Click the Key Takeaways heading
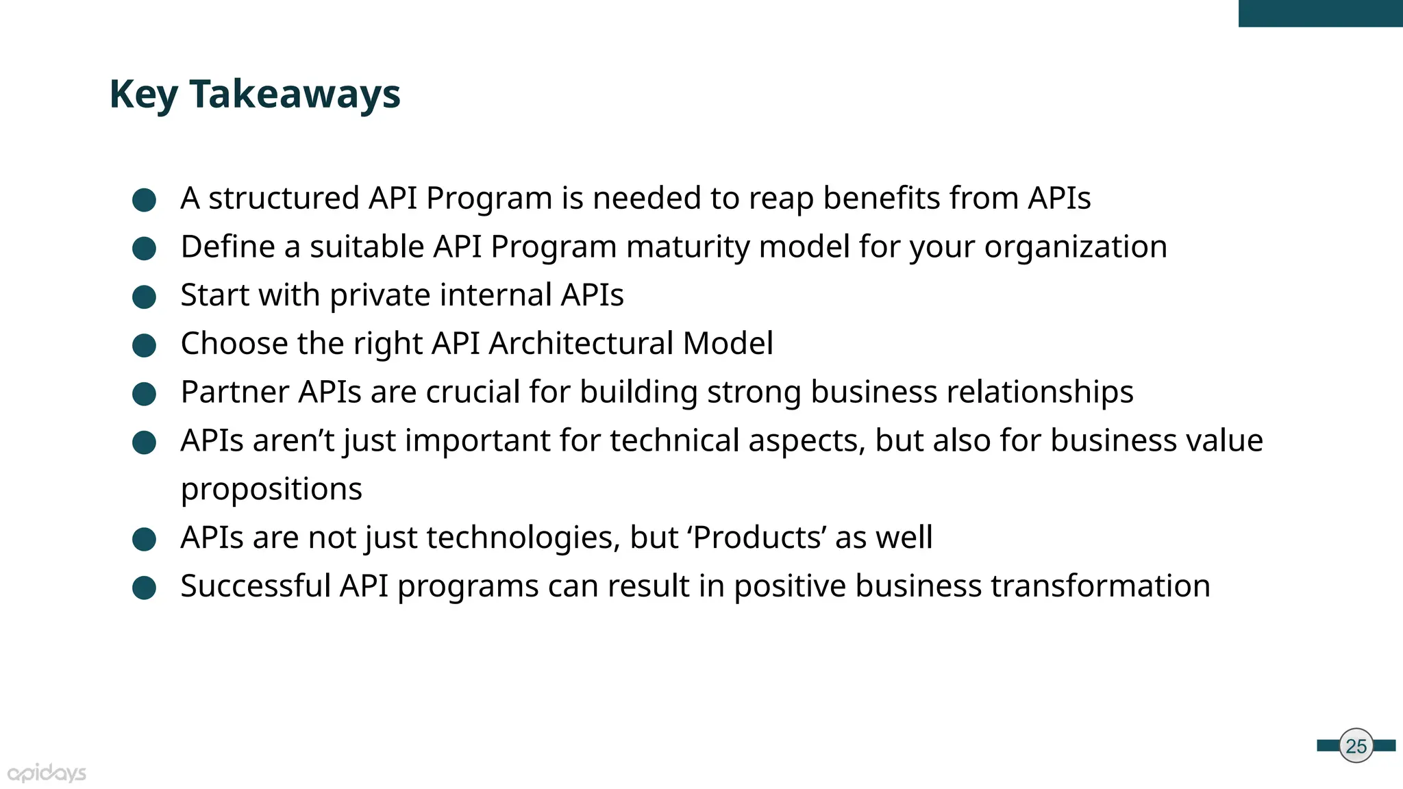click(255, 94)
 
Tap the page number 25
click(1356, 746)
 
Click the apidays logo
click(47, 773)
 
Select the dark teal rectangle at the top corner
click(1320, 13)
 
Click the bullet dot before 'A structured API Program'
click(144, 200)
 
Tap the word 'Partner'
click(234, 392)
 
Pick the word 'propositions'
click(271, 489)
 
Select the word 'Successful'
click(256, 586)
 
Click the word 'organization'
click(1076, 247)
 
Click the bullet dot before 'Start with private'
click(144, 297)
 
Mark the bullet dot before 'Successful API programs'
click(144, 588)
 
